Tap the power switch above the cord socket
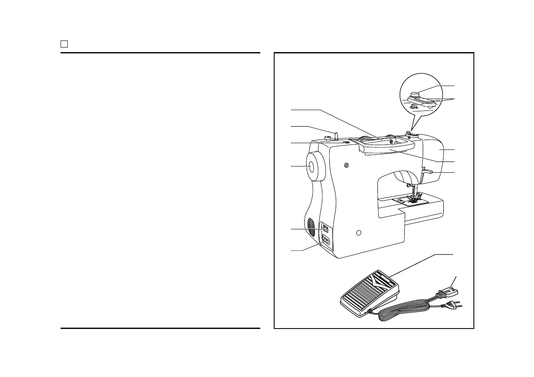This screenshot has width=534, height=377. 325,230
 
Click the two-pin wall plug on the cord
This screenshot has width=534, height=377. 451,306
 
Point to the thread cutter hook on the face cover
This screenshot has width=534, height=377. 428,171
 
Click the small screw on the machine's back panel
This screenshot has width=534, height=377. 346,166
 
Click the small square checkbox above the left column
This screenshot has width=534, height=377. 64,44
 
